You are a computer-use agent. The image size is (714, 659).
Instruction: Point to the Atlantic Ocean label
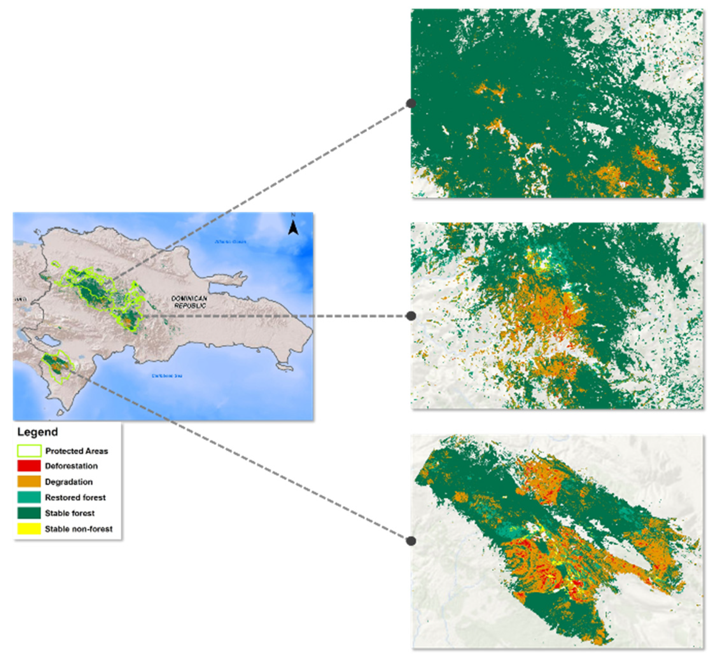tap(230, 241)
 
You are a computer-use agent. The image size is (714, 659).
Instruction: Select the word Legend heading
tap(38, 432)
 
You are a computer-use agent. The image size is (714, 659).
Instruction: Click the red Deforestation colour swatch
tap(29, 466)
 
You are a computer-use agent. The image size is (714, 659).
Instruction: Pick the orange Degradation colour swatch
tap(29, 482)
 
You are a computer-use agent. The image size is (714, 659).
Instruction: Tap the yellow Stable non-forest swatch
tap(29, 529)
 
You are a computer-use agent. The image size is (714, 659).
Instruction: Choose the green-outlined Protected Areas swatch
tap(29, 451)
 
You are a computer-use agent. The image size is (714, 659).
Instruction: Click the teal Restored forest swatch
tap(29, 498)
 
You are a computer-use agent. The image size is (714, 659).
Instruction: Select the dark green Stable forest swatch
tap(29, 513)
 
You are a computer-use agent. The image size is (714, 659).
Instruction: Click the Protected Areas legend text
tap(76, 451)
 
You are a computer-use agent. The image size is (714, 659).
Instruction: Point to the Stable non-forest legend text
tap(78, 529)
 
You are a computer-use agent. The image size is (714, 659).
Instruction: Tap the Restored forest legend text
tap(75, 498)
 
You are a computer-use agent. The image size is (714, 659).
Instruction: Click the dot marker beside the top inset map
tap(411, 103)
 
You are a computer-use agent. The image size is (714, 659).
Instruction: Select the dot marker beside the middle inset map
tap(411, 316)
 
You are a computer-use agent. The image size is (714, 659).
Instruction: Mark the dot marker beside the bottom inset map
tap(411, 541)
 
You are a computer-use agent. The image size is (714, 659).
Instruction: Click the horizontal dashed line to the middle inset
tap(278, 316)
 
